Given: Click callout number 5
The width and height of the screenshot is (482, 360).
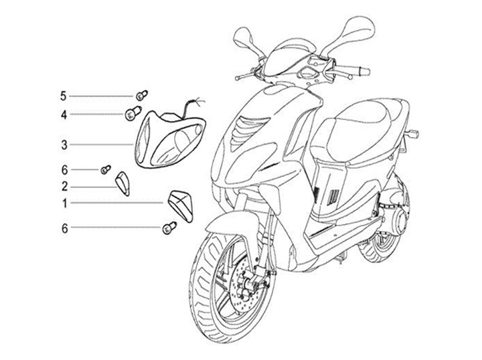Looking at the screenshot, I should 64,96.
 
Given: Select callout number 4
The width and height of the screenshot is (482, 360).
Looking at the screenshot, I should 64,115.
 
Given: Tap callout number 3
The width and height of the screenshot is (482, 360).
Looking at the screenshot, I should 64,144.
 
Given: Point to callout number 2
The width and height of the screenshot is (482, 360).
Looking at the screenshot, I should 64,186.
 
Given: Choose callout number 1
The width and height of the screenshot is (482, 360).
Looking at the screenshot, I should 64,202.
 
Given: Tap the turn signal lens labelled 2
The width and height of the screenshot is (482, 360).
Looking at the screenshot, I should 123,181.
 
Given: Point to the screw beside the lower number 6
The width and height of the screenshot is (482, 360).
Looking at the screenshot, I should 168,229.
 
